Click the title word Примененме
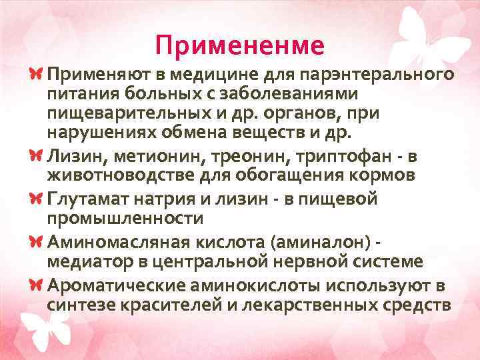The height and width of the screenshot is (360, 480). point(239,45)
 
